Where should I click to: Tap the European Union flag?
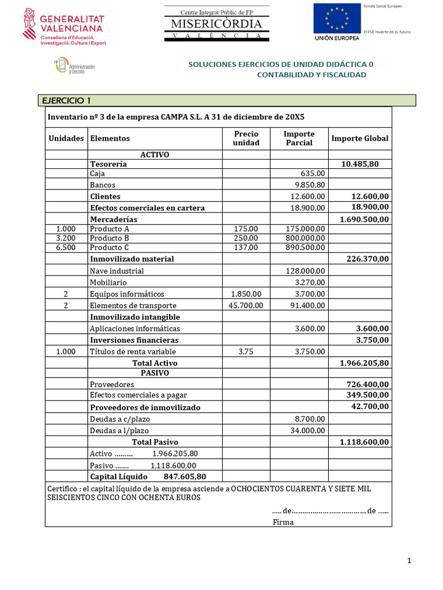tap(336, 19)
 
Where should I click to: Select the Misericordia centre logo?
tap(216, 24)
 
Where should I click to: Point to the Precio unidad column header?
tap(246, 138)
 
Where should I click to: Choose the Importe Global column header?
tap(359, 138)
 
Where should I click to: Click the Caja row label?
tap(97, 173)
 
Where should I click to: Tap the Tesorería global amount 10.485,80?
tap(360, 164)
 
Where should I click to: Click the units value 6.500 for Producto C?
tap(66, 247)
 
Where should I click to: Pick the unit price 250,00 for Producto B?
tap(246, 238)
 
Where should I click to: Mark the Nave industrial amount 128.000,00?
tap(306, 271)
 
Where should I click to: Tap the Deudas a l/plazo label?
tap(119, 430)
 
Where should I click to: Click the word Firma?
tap(283, 522)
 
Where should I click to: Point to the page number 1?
tap(408, 561)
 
